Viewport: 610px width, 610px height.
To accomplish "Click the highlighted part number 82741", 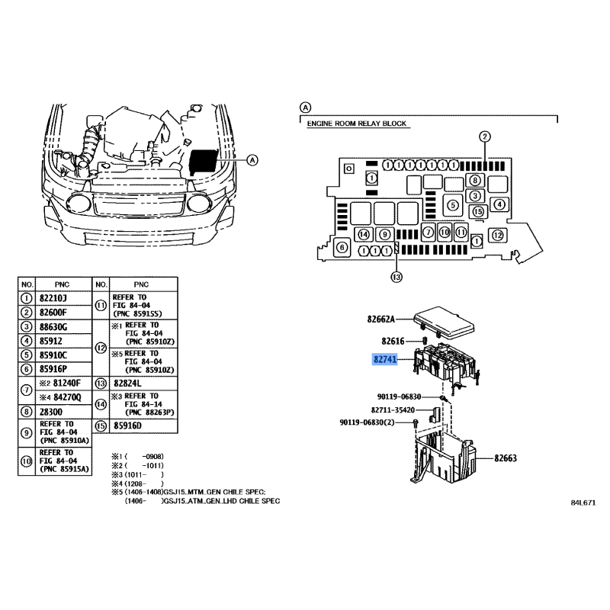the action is [385, 359].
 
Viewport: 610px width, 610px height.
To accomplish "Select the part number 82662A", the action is [380, 319].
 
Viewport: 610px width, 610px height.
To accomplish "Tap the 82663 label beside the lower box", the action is [506, 458].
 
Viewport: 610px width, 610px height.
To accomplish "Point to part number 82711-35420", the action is [393, 410].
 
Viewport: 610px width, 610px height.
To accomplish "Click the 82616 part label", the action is [393, 341].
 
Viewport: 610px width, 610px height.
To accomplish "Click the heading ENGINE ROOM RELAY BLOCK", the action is [356, 124].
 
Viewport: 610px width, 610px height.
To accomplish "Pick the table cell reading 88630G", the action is [53, 327].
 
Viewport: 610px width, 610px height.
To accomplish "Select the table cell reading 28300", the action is [50, 412].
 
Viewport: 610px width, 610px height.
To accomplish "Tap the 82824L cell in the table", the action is [127, 384].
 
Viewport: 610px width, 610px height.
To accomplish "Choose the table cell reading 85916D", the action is [127, 426].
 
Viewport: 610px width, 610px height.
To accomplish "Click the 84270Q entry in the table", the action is [67, 397].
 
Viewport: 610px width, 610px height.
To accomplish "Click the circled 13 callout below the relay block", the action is [396, 277].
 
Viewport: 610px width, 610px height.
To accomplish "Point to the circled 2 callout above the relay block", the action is [485, 136].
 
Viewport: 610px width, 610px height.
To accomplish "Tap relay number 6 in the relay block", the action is [342, 247].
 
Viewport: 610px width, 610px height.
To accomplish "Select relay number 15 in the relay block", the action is [478, 212].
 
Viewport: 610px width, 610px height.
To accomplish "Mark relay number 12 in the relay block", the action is [498, 235].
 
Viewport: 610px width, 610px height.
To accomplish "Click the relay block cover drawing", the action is [444, 322].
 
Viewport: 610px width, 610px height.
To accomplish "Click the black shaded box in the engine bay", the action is [203, 162].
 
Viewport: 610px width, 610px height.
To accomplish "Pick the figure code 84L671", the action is [583, 502].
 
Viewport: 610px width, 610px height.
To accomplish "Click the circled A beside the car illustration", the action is [253, 160].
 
